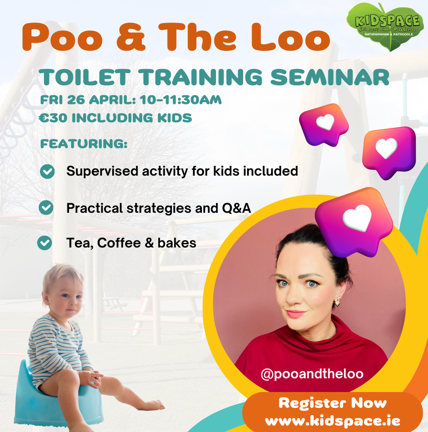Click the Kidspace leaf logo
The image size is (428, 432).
[x=385, y=27]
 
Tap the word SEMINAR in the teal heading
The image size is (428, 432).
[x=330, y=78]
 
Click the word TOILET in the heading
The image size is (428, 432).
[x=85, y=78]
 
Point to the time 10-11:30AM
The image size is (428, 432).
[x=180, y=100]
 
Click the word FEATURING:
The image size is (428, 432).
[x=84, y=144]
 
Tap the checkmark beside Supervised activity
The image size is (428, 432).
[x=47, y=172]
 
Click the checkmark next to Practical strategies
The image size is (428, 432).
[x=46, y=208]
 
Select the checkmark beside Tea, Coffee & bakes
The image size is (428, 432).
[x=45, y=243]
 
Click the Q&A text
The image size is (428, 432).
[x=237, y=208]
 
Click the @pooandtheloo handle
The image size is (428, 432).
[x=312, y=374]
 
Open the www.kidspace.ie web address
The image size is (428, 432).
[x=333, y=421]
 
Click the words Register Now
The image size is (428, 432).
[x=333, y=403]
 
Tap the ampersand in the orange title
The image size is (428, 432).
[x=131, y=37]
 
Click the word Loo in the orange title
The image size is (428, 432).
[x=291, y=37]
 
